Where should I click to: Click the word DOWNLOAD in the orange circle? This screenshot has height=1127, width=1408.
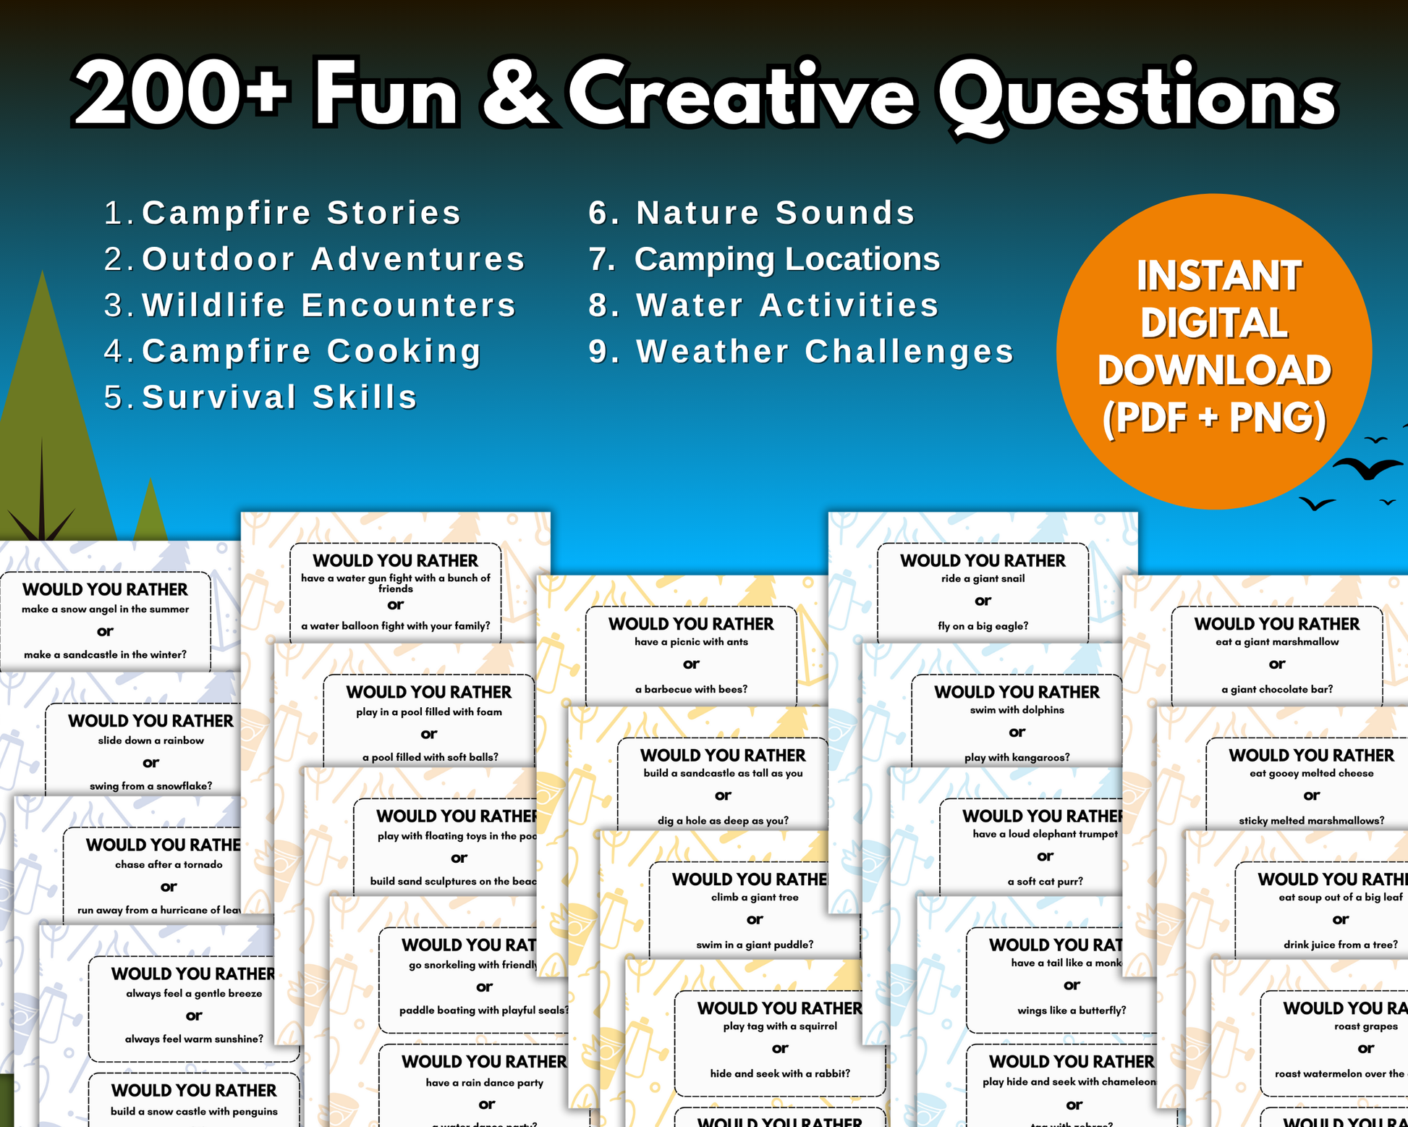[1214, 371]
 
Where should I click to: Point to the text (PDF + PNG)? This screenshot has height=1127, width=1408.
[1214, 418]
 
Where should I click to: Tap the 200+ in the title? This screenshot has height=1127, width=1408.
[181, 96]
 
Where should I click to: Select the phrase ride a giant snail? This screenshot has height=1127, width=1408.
[983, 578]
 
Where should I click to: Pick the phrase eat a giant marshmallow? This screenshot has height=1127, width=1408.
[1277, 642]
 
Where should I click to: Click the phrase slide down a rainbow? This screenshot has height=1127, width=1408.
[150, 740]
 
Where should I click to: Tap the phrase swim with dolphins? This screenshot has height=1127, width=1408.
[1017, 710]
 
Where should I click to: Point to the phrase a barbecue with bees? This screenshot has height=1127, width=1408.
[691, 689]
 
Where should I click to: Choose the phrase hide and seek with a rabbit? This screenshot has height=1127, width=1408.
[780, 1073]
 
